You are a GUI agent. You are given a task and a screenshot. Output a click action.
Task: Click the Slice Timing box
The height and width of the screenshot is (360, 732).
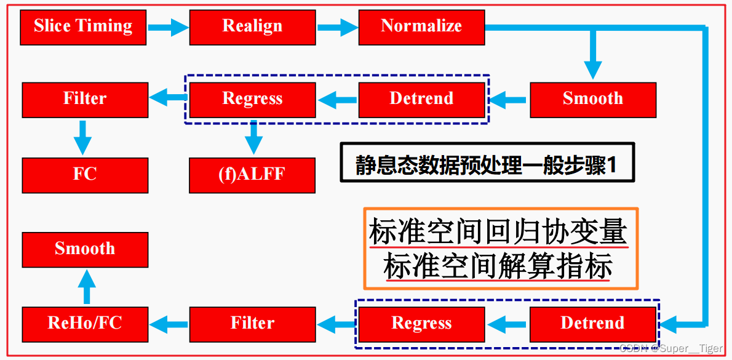[x=83, y=26]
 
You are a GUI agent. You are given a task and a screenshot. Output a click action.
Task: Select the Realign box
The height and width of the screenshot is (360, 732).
[x=252, y=26]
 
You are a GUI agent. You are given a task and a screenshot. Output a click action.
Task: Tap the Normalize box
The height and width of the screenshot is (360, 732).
[x=421, y=26]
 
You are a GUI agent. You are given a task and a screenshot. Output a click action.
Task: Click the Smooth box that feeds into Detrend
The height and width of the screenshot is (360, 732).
[x=593, y=99]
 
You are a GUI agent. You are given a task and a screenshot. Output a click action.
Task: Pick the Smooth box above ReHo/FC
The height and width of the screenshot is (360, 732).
[x=85, y=249]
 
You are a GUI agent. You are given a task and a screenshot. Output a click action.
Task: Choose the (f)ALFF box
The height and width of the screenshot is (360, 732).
[x=252, y=175]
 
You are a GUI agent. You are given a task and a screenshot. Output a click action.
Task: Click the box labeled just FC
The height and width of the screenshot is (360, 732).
[x=85, y=175]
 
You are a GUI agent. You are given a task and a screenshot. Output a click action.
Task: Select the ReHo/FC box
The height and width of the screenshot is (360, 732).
[x=85, y=324]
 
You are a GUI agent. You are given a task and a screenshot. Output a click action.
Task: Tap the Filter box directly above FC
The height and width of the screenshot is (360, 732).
[x=85, y=99]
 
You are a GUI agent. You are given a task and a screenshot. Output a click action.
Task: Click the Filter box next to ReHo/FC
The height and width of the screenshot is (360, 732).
[x=252, y=324]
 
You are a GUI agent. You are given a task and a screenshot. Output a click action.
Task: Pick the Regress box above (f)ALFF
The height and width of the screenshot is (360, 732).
[x=252, y=99]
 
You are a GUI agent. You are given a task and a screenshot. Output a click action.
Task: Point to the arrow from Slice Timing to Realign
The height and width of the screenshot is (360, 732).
[x=168, y=26]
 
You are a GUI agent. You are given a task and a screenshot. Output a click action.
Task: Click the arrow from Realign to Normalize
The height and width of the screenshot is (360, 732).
[x=337, y=26]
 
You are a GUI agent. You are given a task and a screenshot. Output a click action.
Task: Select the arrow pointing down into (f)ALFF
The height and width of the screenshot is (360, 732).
[x=253, y=137]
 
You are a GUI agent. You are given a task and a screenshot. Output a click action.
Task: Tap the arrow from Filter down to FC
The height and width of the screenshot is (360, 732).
[x=82, y=137]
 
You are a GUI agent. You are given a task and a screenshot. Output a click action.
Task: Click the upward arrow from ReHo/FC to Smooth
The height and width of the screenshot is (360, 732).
[x=87, y=287]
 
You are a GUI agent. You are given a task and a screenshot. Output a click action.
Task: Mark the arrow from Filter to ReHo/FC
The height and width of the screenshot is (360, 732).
[x=169, y=322]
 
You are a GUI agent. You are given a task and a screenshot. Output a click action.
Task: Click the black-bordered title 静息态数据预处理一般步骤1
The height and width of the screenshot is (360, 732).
[x=486, y=164]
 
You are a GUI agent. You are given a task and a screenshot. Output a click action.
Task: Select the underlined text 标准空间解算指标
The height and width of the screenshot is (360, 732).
[x=498, y=267]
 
